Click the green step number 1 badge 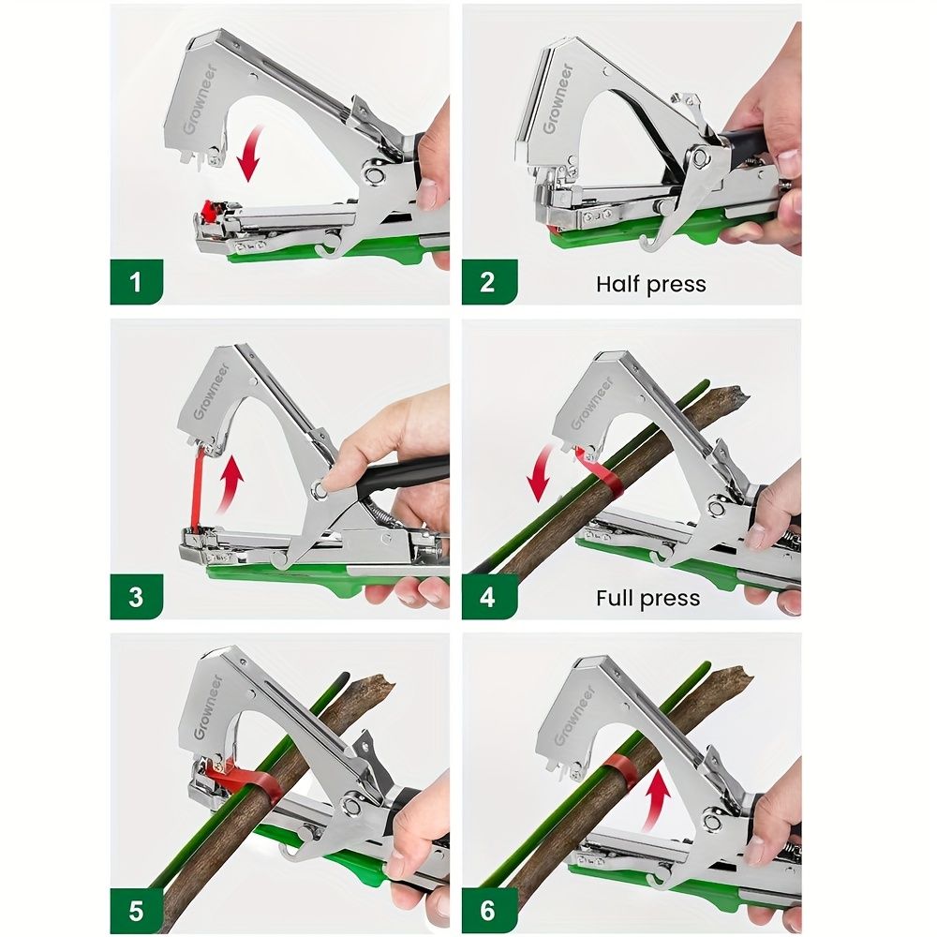tap(136, 281)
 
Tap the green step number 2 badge tap(489, 281)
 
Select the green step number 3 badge tap(136, 596)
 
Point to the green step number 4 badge tap(489, 596)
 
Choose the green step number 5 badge tap(136, 911)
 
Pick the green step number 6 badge tap(489, 911)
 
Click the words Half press tap(651, 285)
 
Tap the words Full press tap(647, 598)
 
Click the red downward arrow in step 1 tap(251, 153)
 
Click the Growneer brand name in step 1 tap(201, 99)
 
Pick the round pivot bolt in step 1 tap(375, 175)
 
